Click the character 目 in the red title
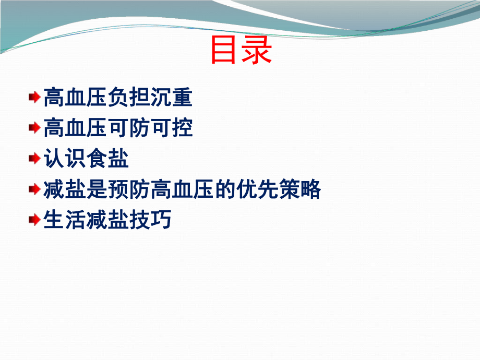(x=225, y=50)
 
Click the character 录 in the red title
(x=257, y=50)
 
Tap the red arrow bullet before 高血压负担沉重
(x=34, y=97)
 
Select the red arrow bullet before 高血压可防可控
(x=34, y=127)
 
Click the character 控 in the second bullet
(x=182, y=127)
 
